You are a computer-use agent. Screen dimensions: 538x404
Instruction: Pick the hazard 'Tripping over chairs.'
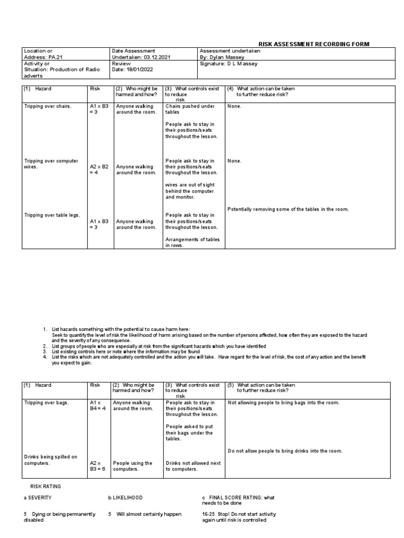(48, 106)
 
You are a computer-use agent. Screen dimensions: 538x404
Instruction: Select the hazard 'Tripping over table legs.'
(53, 215)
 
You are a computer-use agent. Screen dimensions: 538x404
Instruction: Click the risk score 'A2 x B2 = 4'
(99, 169)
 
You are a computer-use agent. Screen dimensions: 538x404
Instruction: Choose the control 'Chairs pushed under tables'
(190, 109)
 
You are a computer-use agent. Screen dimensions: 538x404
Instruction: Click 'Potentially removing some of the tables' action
(288, 209)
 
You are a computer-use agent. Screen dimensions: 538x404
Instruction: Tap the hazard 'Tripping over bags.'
(46, 402)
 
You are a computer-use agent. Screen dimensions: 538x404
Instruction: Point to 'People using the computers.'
(133, 466)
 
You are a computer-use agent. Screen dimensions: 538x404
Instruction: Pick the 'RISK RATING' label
(46, 486)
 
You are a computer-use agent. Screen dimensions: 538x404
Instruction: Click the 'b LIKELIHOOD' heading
(125, 497)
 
